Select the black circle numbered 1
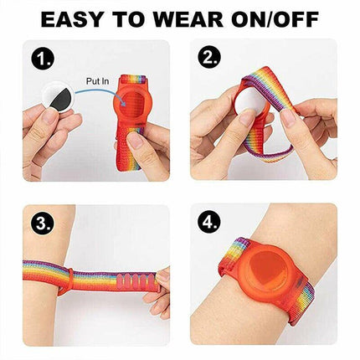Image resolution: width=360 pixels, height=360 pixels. coord(43,59)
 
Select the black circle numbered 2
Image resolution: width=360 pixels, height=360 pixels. coord(209,59)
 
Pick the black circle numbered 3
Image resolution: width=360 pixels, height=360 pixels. coord(43,223)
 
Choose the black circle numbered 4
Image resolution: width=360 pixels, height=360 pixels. coord(209,223)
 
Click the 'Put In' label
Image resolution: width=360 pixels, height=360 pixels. coord(97,81)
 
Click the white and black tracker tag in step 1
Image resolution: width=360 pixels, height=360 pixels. coord(58,96)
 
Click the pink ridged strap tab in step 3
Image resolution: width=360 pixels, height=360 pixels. coord(134,282)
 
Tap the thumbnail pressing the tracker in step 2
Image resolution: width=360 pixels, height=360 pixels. coord(248,116)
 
